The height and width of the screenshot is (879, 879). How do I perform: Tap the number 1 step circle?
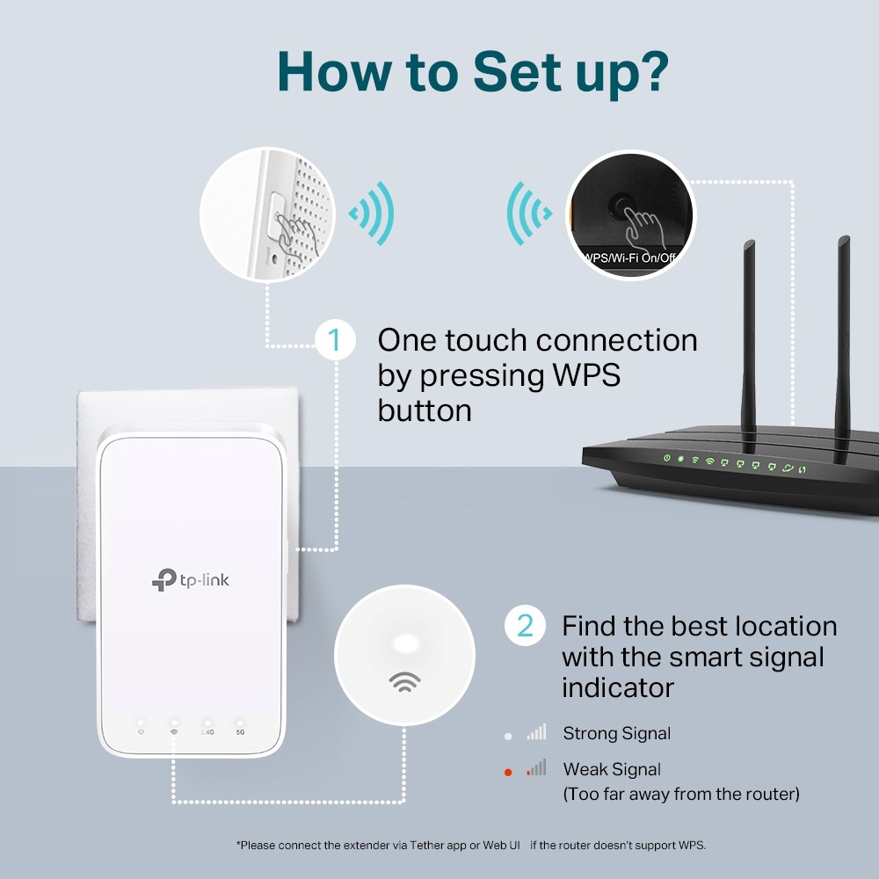pyautogui.click(x=334, y=339)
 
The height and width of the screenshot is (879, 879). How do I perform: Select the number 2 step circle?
pyautogui.click(x=525, y=626)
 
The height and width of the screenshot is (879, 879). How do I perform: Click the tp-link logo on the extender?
pyautogui.click(x=191, y=579)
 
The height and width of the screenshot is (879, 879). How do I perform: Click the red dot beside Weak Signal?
pyautogui.click(x=508, y=773)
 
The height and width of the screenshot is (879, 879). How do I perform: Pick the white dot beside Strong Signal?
pyautogui.click(x=508, y=735)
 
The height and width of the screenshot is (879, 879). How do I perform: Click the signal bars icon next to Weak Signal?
pyautogui.click(x=536, y=768)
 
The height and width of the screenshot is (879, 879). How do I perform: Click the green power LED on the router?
pyautogui.click(x=667, y=458)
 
